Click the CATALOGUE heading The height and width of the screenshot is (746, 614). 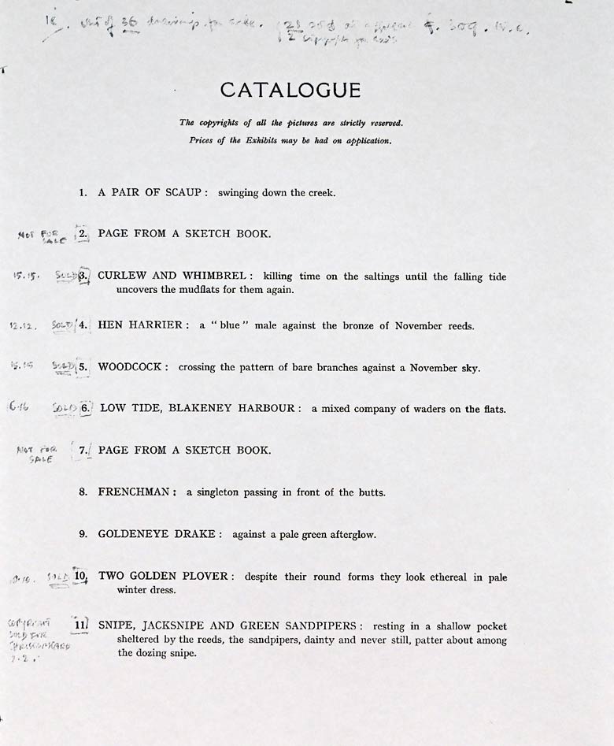tap(290, 91)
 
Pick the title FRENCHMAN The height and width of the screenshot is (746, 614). tap(135, 492)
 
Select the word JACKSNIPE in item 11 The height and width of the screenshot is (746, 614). tap(178, 625)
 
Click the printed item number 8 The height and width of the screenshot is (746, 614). tap(83, 492)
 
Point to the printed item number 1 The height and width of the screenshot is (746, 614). tap(83, 192)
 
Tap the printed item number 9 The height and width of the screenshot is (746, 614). tap(83, 534)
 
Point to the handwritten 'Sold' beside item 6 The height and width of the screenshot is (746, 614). tap(63, 409)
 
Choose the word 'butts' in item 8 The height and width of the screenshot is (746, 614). tap(369, 492)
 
